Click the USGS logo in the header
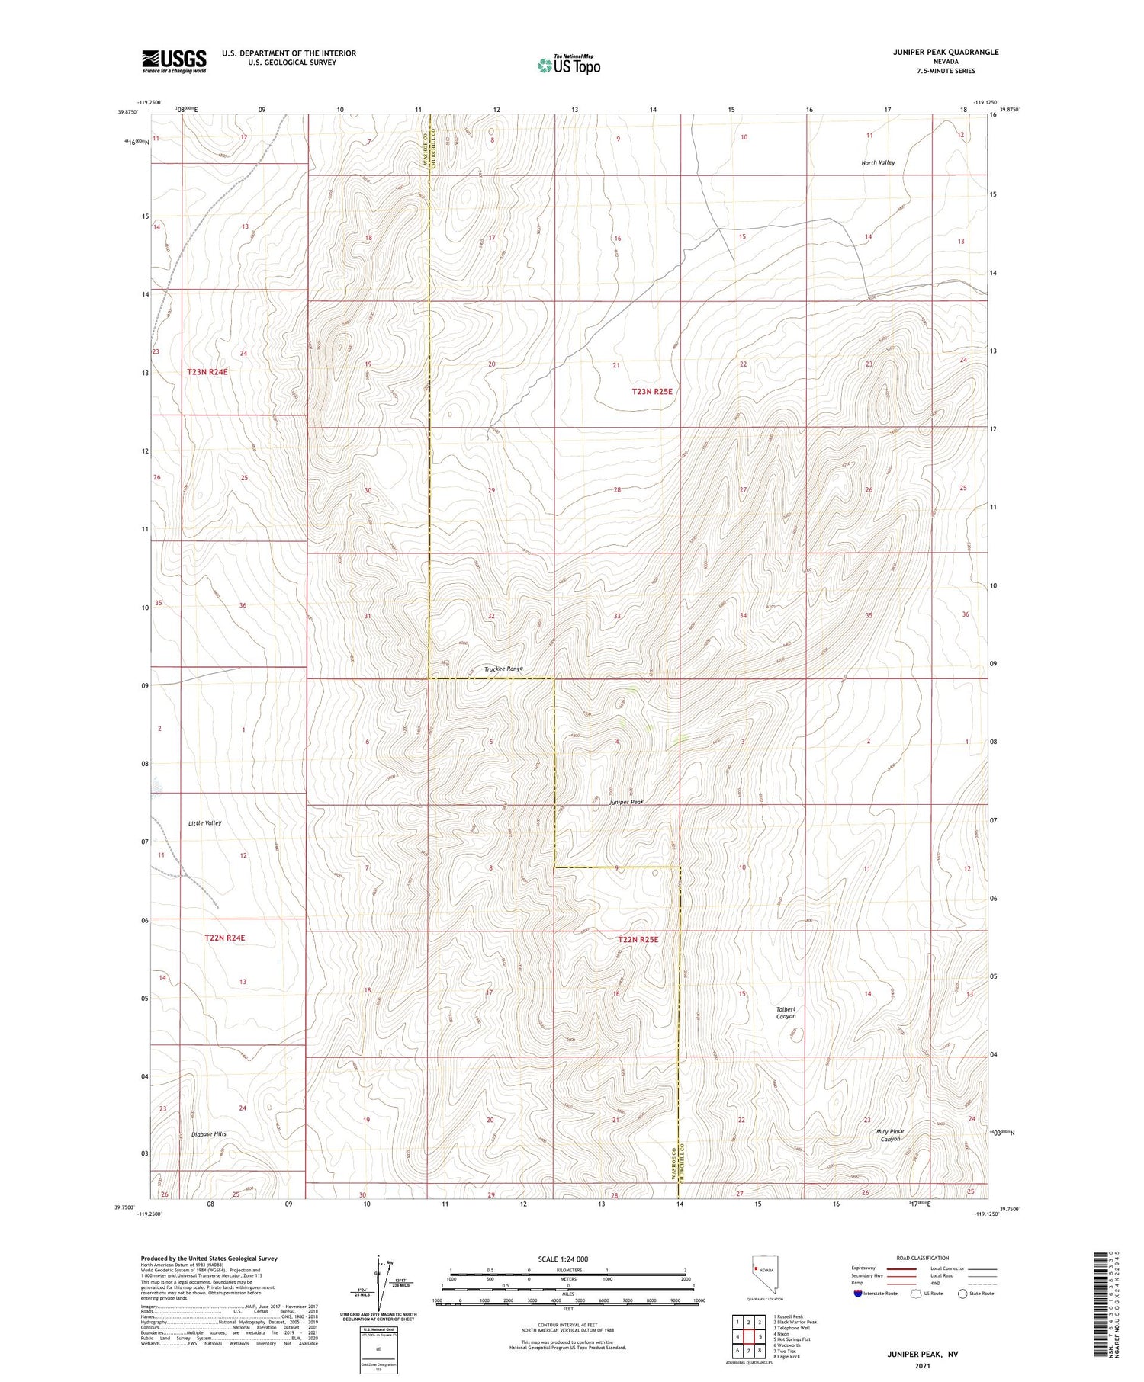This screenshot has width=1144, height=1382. pos(174,61)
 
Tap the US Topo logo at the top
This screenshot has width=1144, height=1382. pos(569,65)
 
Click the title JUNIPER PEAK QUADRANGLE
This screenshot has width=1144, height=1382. pos(946,52)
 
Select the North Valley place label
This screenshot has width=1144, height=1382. pos(878,162)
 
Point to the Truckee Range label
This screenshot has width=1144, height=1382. pos(503,669)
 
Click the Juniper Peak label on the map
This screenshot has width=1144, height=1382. pos(626,803)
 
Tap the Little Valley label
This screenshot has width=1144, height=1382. pos(204,823)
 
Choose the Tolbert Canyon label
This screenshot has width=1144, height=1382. pos(786,1012)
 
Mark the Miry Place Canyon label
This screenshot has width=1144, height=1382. pos(890,1135)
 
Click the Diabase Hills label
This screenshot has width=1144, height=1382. pos(209,1133)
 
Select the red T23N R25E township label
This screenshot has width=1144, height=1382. pos(652,391)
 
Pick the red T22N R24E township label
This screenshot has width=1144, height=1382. pos(224,938)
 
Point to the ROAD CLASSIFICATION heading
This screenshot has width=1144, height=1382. pos(923,1258)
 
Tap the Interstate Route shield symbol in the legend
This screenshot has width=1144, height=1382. pos(858,1294)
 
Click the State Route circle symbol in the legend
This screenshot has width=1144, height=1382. pos(962,1294)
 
